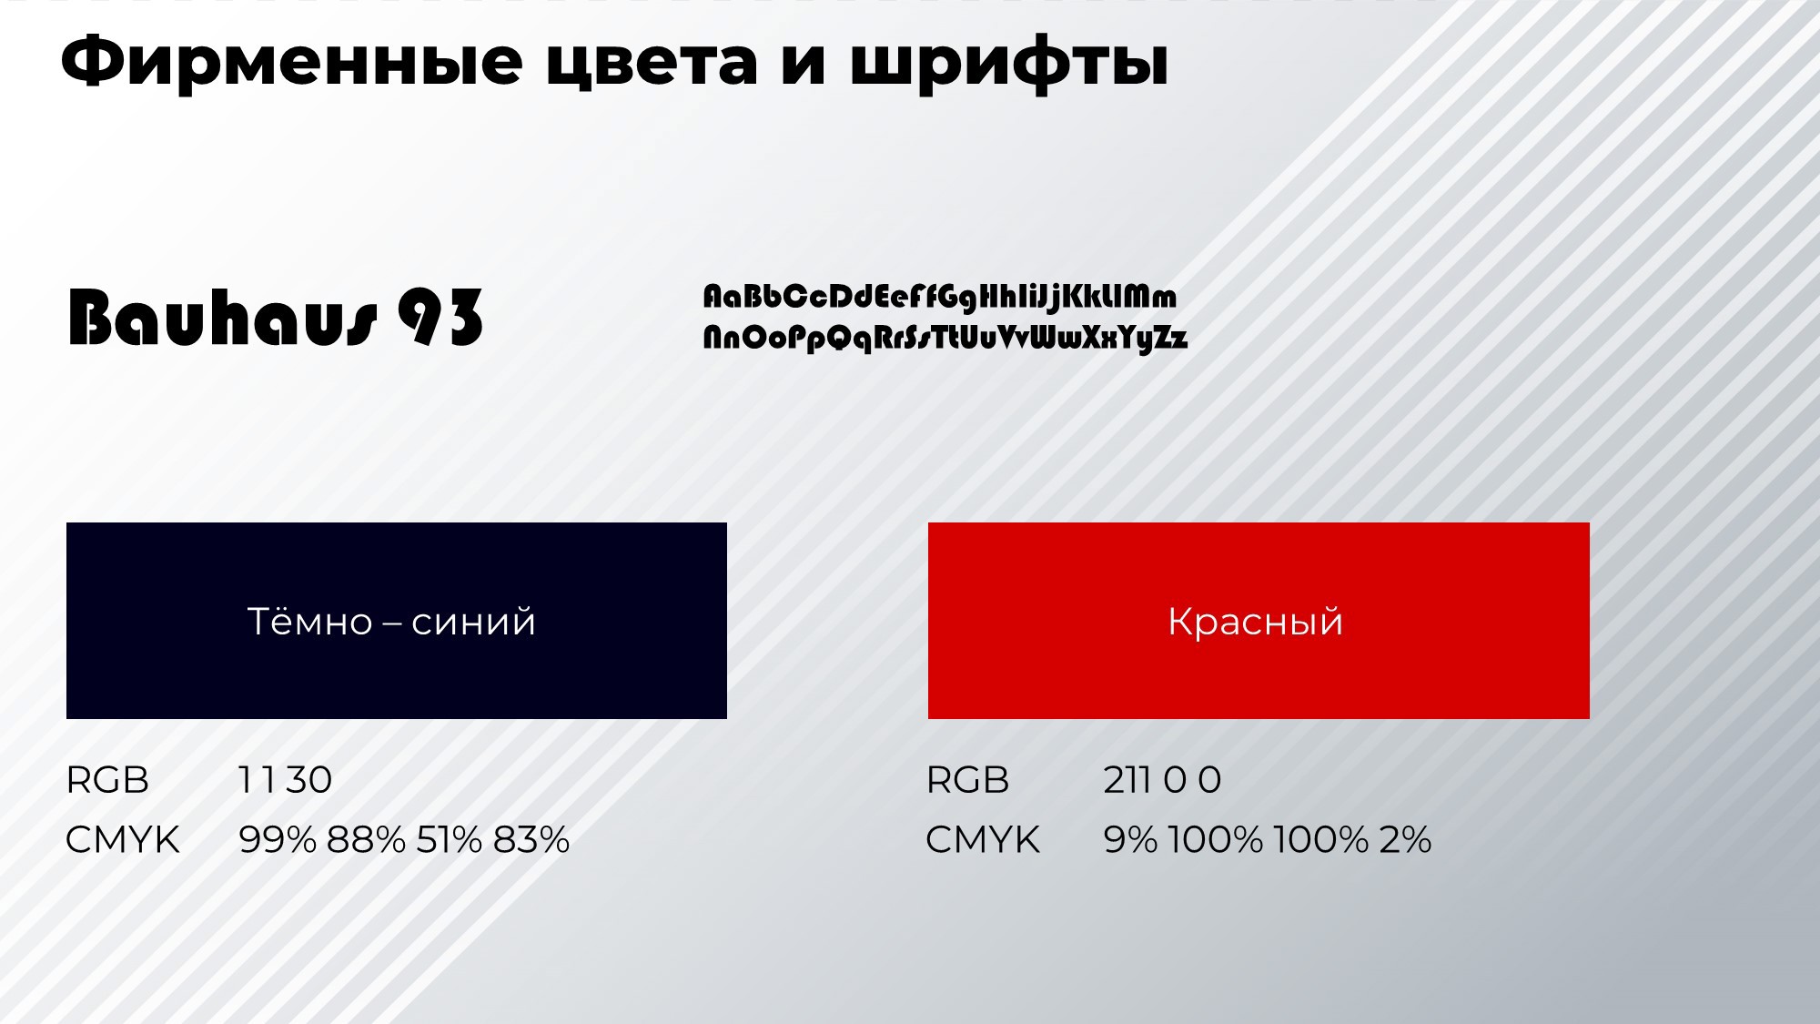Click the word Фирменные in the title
291,63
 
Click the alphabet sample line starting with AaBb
939,298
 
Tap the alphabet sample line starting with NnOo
945,339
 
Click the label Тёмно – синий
391,622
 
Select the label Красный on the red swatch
1256,623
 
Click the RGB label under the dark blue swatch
107,780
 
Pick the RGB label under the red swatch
967,780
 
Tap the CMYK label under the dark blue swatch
123,839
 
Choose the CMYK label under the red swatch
983,839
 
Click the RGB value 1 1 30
285,780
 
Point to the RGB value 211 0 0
1162,780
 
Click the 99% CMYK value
278,839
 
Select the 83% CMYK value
531,839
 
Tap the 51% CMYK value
450,839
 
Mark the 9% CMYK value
1130,839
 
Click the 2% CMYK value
1405,839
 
